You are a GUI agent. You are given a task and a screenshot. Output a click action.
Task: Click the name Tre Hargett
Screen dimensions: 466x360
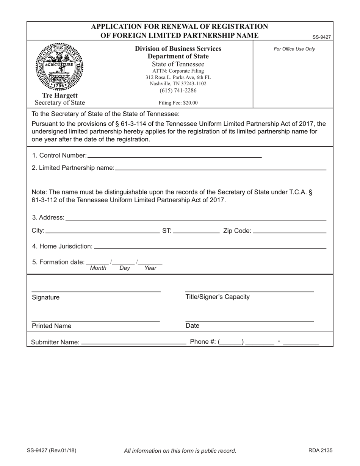[x=60, y=95]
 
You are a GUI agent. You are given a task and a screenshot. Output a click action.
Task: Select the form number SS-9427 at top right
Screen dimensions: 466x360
[x=322, y=37]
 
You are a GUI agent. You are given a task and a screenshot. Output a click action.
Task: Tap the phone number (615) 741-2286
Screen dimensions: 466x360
[x=178, y=91]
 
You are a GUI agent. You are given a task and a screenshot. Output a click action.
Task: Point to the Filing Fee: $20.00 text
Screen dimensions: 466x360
[x=178, y=103]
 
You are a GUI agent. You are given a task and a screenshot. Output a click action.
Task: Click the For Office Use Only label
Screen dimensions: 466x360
[x=294, y=49]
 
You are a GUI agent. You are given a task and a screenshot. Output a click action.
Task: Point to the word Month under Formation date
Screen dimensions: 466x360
[x=99, y=268]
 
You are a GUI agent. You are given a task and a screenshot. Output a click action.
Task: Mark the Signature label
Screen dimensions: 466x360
[x=45, y=297]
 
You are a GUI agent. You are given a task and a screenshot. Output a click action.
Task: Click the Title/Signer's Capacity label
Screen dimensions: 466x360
[x=218, y=297]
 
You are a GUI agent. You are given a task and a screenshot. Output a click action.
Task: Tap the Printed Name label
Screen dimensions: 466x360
[x=52, y=326]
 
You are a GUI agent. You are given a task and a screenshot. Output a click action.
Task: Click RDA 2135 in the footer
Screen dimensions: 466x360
[x=320, y=450]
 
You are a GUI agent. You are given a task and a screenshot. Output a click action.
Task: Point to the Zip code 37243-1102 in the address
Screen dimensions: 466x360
[x=191, y=83]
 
